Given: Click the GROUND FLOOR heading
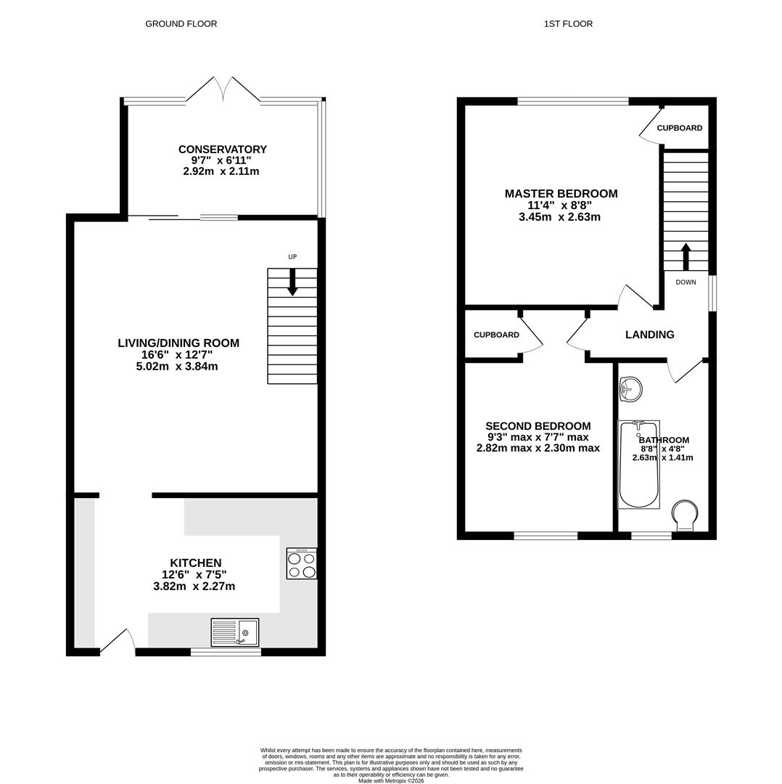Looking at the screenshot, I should [x=181, y=24].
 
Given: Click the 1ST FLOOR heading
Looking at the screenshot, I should [x=568, y=24].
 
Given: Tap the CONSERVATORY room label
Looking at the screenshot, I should [x=222, y=150].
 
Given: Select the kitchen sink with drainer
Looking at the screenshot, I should [x=234, y=632].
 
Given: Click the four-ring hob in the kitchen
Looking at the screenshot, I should [x=301, y=564].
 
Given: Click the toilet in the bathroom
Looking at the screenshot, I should [x=684, y=515].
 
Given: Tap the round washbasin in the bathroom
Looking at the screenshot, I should [x=630, y=389].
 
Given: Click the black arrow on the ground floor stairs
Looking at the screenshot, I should [x=292, y=282].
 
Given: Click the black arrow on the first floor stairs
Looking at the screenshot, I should [x=686, y=256].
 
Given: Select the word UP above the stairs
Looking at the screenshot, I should [x=292, y=257].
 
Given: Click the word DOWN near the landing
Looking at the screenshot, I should [x=686, y=282].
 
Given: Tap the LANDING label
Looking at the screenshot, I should [x=649, y=335].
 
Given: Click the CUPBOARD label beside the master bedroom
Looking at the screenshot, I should [x=679, y=128].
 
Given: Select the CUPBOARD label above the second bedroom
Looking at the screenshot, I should [x=496, y=335].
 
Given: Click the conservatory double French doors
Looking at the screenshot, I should [x=223, y=90].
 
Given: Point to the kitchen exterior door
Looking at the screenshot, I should [x=118, y=642].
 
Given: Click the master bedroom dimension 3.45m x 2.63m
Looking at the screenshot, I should [x=559, y=217].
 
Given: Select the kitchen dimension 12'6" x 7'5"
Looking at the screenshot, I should [x=194, y=575].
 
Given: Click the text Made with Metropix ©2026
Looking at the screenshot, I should [x=391, y=780].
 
